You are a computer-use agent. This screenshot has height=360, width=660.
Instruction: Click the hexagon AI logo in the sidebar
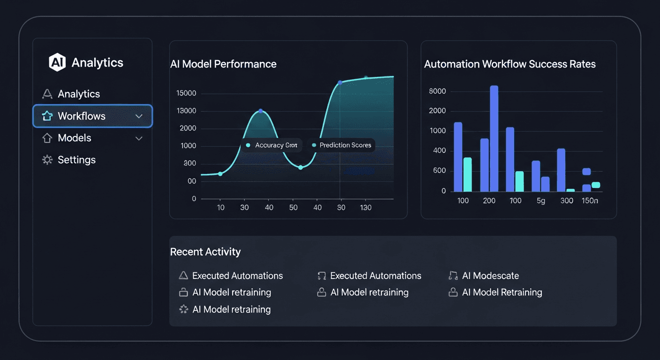click(x=57, y=63)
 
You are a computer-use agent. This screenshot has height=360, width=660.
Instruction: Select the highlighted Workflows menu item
click(x=92, y=116)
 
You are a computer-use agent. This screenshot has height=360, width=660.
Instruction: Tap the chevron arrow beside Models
click(x=139, y=138)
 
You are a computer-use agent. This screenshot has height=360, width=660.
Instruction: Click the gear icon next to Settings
click(x=47, y=160)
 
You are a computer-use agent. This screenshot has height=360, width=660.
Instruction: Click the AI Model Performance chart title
click(x=223, y=64)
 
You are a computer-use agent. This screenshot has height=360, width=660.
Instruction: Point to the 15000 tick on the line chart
click(x=186, y=93)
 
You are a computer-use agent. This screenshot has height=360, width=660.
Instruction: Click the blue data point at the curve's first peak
click(x=261, y=111)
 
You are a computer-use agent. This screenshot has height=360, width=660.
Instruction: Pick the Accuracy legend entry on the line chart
click(x=272, y=145)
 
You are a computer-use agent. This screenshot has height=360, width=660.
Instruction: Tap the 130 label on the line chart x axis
click(x=365, y=207)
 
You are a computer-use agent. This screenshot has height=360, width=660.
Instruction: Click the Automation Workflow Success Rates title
click(x=510, y=64)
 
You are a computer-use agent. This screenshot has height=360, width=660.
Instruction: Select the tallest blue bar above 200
click(x=494, y=138)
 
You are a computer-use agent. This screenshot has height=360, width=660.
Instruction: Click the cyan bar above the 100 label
click(x=467, y=174)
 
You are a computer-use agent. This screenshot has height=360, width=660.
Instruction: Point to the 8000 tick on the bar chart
click(x=437, y=91)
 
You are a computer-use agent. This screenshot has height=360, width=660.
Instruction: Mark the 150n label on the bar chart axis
click(x=590, y=201)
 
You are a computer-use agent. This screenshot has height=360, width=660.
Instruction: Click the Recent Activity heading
click(x=205, y=252)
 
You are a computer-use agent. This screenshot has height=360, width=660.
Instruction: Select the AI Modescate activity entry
click(x=490, y=276)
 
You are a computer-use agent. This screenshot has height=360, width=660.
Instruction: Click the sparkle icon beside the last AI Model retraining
click(x=184, y=309)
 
